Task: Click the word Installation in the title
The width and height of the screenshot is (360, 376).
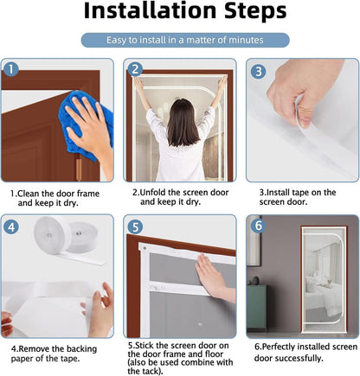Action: pyautogui.click(x=150, y=10)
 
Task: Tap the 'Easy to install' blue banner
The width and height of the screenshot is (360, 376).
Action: pyautogui.click(x=185, y=40)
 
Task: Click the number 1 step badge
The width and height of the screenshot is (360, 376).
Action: pyautogui.click(x=11, y=69)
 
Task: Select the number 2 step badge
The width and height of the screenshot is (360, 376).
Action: pyautogui.click(x=135, y=69)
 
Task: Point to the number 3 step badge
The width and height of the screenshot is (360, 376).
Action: pyautogui.click(x=258, y=71)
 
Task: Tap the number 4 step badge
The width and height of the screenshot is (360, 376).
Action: pyautogui.click(x=11, y=227)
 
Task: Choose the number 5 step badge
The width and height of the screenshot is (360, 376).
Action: pyautogui.click(x=135, y=226)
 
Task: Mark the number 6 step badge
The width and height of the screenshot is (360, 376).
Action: pyautogui.click(x=258, y=226)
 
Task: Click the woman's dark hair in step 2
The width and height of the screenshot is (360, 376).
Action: pyautogui.click(x=183, y=123)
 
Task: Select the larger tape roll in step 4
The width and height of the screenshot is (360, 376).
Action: pyautogui.click(x=51, y=236)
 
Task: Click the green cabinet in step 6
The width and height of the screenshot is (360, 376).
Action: pyautogui.click(x=256, y=308)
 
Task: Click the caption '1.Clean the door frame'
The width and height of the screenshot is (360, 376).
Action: pyautogui.click(x=55, y=194)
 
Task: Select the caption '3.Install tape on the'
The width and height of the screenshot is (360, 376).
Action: pyautogui.click(x=298, y=192)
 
